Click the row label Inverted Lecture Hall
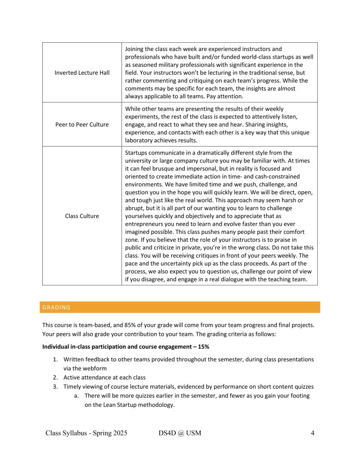[x=82, y=73]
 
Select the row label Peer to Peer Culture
[x=82, y=124]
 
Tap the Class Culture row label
[x=82, y=216]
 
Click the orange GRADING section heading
[x=56, y=307]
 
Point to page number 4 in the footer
[x=313, y=433]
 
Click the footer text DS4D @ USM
[x=177, y=433]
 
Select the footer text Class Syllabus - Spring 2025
[x=86, y=433]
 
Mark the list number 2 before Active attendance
[x=55, y=377]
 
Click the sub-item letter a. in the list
[x=77, y=395]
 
